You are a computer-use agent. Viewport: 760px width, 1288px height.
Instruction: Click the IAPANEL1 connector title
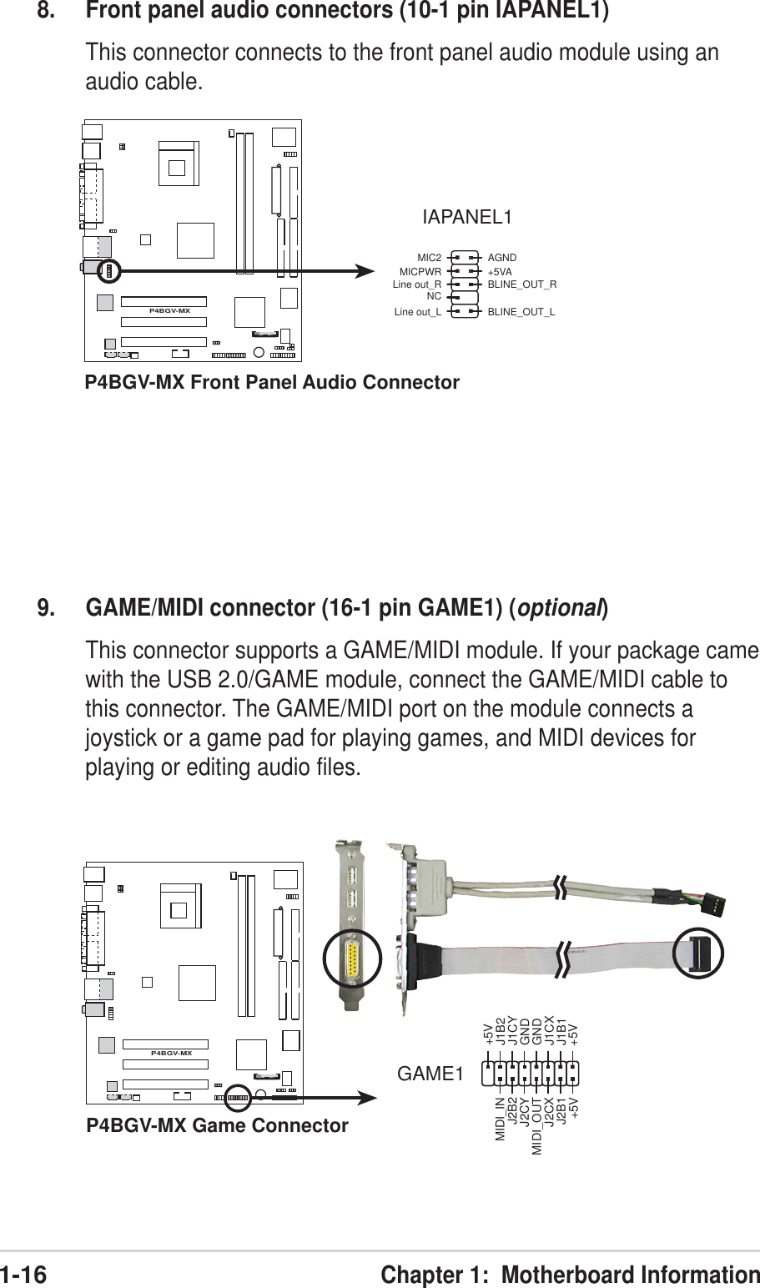(x=467, y=218)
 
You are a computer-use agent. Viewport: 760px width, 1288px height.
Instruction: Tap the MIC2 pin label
(x=429, y=258)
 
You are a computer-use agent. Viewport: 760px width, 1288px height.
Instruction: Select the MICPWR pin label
(x=420, y=271)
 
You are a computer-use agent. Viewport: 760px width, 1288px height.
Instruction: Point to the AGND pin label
(x=502, y=258)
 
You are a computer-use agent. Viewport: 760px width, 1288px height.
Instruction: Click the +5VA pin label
(x=500, y=271)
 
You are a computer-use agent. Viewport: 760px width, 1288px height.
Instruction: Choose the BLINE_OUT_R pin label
(x=521, y=284)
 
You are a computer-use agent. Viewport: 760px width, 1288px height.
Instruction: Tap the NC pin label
(x=433, y=295)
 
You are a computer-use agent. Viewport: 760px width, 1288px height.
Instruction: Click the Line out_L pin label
(x=416, y=313)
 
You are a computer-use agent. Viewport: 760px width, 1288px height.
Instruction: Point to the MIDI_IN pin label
(x=501, y=1120)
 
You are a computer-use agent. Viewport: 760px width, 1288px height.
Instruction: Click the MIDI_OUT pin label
(x=537, y=1124)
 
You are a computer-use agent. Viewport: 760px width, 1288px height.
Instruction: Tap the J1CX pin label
(x=549, y=1031)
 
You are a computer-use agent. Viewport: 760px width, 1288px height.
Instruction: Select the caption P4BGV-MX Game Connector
(x=218, y=1126)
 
